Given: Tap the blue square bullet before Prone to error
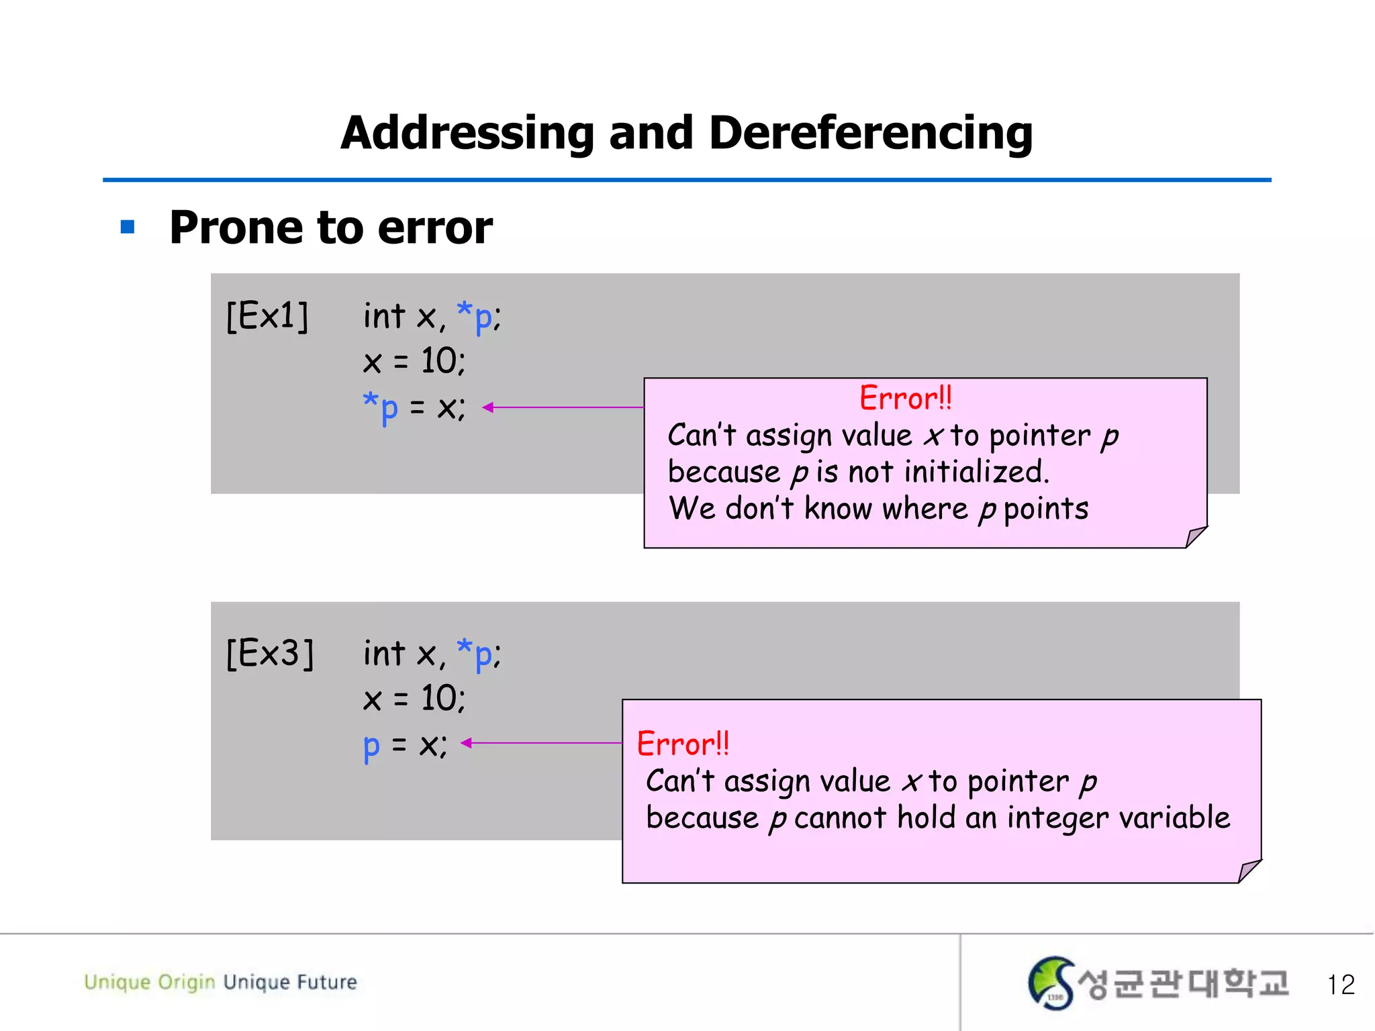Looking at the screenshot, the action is click(128, 228).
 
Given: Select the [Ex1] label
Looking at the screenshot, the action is click(267, 316).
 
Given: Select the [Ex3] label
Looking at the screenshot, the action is click(270, 653).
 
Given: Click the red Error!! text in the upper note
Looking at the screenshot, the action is click(906, 399).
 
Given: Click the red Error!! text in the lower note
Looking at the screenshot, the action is click(683, 744).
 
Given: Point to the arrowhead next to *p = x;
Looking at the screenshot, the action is click(488, 407).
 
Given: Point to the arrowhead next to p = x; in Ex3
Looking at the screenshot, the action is click(467, 742).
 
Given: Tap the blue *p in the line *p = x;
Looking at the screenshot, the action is click(381, 407).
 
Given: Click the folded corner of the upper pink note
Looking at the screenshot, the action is click(1195, 536).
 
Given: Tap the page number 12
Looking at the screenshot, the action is click(1341, 985).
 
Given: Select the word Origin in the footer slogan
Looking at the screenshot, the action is click(187, 983).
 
